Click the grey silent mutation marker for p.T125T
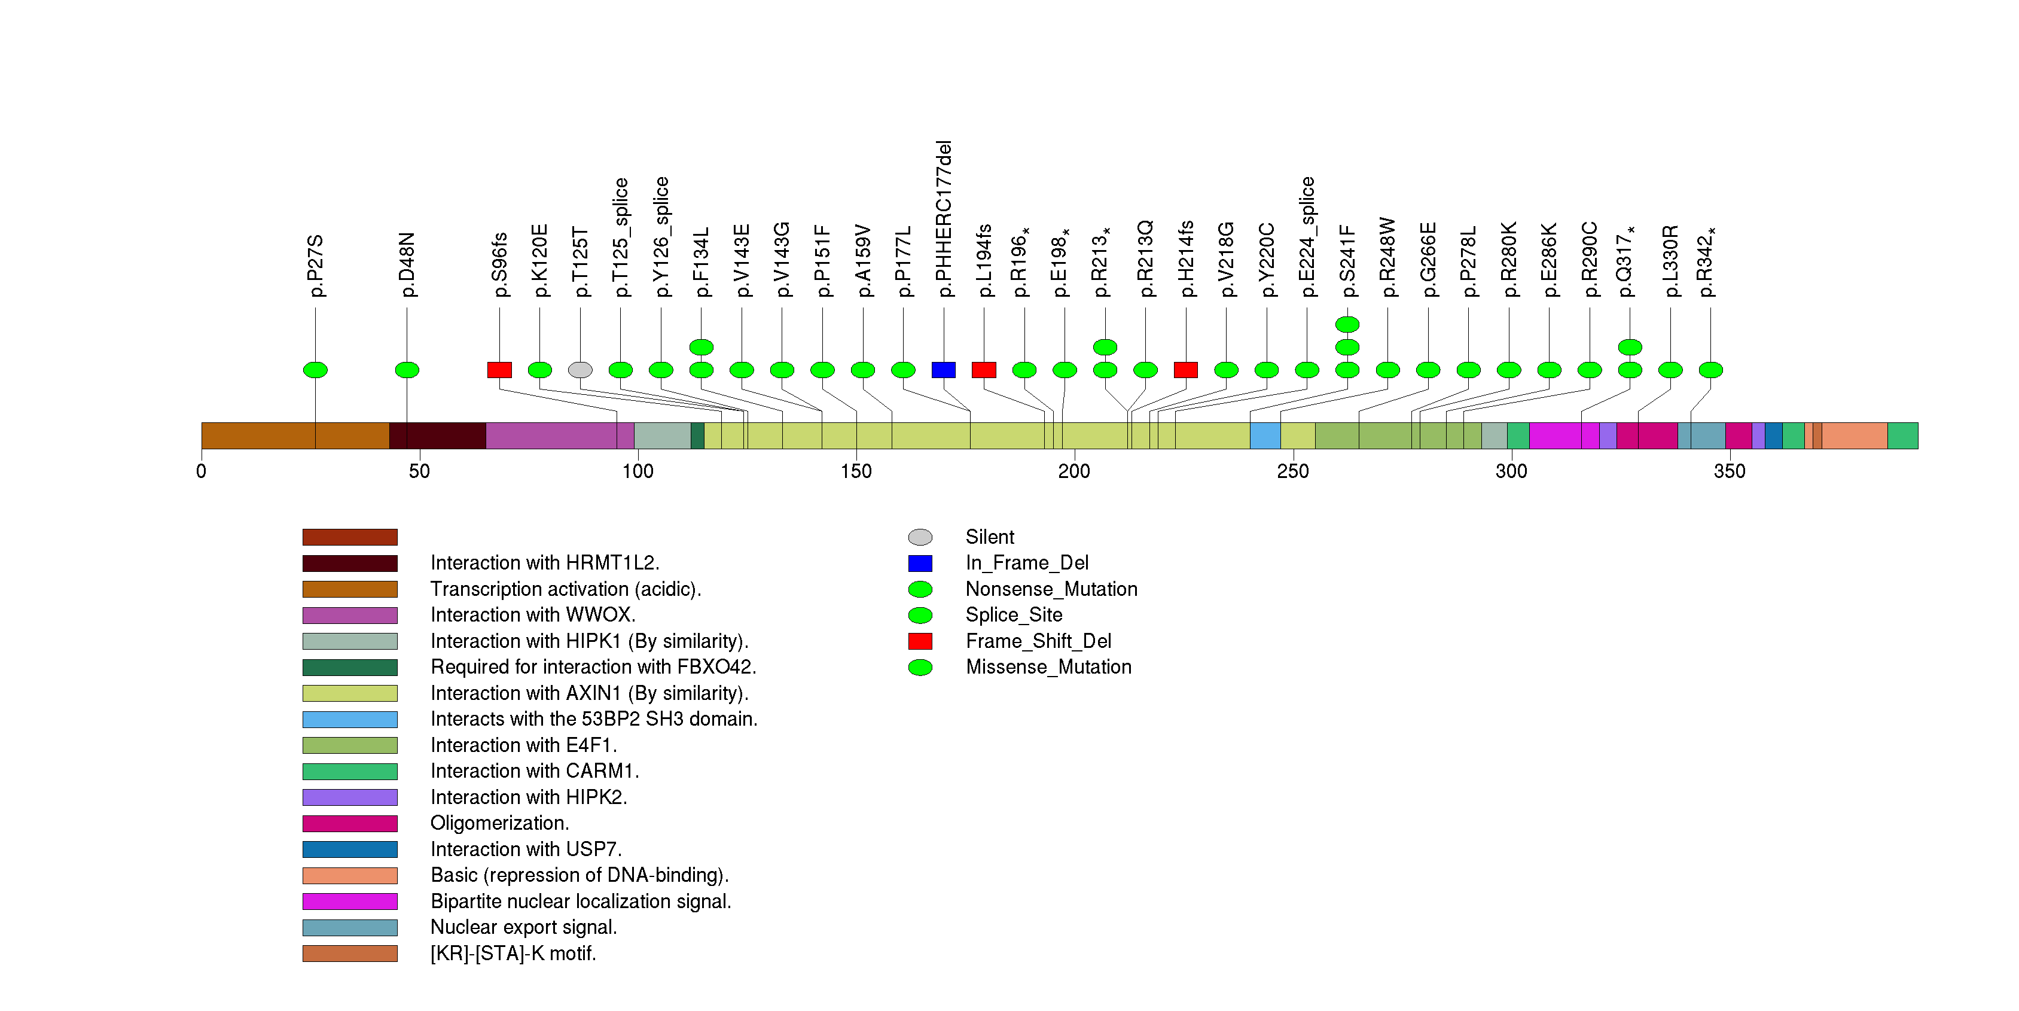[x=580, y=370]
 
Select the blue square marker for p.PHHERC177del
[x=944, y=370]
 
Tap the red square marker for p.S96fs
[x=499, y=370]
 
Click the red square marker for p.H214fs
[x=1186, y=370]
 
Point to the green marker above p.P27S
[x=315, y=370]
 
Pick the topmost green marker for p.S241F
[x=1347, y=324]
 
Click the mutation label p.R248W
[x=1388, y=258]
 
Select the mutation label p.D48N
[x=407, y=265]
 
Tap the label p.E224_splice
[x=1307, y=237]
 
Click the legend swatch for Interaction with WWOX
[x=350, y=615]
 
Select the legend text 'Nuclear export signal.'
[x=523, y=927]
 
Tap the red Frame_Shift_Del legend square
[x=920, y=641]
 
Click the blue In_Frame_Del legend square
[x=920, y=563]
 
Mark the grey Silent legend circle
[x=920, y=537]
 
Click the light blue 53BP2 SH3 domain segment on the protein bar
[x=1265, y=436]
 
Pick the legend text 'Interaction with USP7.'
[x=526, y=849]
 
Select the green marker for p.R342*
[x=1710, y=370]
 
